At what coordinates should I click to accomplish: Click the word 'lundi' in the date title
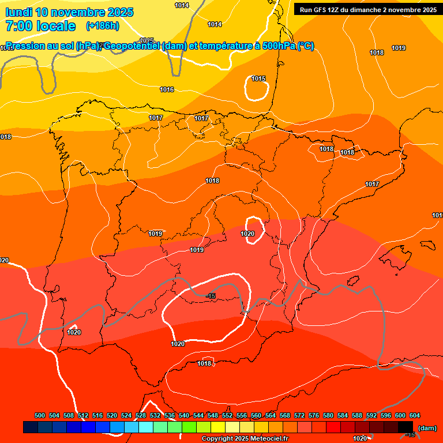coord(19,12)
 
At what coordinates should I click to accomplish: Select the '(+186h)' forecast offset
coord(102,26)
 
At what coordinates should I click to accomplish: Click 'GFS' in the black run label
coord(322,9)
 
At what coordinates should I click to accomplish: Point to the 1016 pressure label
coord(167,89)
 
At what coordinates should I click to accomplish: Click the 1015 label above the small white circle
coord(258,78)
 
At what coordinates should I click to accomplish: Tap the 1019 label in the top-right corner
coord(399,48)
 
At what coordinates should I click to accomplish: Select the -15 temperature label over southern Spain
coord(211,296)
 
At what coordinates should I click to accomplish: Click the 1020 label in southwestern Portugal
coord(74,332)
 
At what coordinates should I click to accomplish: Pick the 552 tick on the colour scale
coord(227,415)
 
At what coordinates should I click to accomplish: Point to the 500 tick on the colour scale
coord(40,415)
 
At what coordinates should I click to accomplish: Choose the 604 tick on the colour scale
coord(415,415)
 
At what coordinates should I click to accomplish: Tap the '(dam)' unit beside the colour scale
coord(427,428)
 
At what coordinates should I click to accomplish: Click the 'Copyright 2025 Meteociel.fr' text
coord(245,439)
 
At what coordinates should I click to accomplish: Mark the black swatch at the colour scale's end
coord(406,427)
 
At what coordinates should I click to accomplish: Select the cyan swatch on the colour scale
coord(146,427)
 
